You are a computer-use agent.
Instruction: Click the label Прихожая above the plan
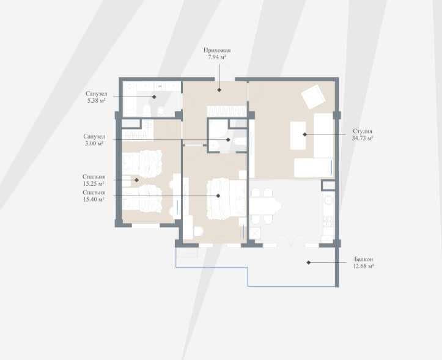click(217, 50)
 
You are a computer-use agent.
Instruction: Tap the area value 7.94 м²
click(217, 57)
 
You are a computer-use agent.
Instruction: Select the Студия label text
click(363, 131)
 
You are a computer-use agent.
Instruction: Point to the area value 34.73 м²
click(363, 138)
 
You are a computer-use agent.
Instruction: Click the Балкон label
click(364, 259)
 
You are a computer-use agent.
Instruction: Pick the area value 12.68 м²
click(363, 266)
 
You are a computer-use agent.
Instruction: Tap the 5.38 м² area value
click(96, 100)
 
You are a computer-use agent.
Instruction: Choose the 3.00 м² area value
click(94, 143)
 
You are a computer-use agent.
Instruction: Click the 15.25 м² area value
click(94, 183)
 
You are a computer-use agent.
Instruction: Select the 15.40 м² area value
click(94, 199)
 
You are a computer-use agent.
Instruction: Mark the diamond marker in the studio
click(304, 134)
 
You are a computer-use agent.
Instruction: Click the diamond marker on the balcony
click(309, 262)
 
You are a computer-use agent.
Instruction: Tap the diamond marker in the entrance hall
click(219, 90)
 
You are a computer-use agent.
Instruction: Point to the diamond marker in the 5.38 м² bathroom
click(154, 97)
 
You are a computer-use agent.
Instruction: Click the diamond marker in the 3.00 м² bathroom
click(228, 139)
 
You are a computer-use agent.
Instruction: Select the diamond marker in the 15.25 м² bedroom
click(136, 180)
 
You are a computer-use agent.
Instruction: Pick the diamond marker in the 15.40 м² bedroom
click(218, 196)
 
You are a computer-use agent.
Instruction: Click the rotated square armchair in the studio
click(313, 97)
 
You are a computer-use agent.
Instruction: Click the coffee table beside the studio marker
click(298, 135)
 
